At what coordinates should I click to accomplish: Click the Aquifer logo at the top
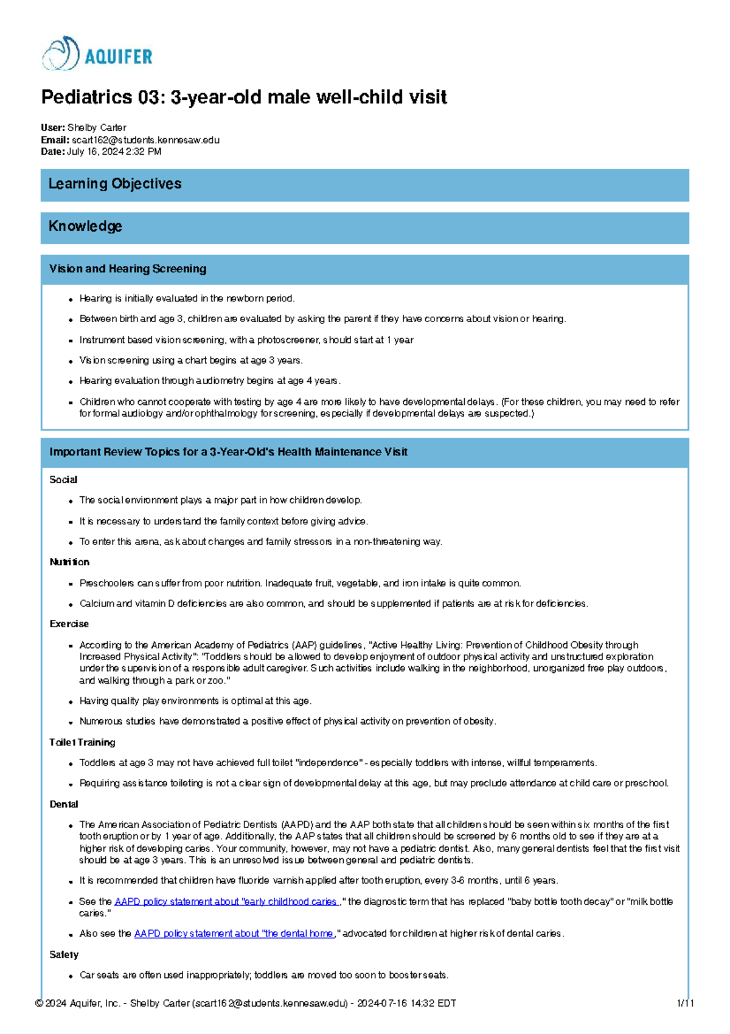[97, 54]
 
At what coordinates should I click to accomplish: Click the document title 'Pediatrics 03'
[243, 97]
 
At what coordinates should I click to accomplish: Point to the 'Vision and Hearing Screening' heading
[128, 269]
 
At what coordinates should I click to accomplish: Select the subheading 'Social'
[63, 480]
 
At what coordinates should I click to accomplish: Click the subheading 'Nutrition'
[69, 562]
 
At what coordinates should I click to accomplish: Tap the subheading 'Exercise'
[69, 624]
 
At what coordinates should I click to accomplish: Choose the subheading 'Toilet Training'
[82, 742]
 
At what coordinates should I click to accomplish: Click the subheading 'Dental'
[64, 804]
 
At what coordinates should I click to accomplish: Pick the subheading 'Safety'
[64, 955]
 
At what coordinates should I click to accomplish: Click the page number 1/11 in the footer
[685, 1004]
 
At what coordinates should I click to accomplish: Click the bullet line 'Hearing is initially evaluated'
[187, 298]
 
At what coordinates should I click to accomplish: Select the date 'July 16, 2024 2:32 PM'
[114, 152]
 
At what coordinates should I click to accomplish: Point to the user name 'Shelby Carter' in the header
[97, 128]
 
